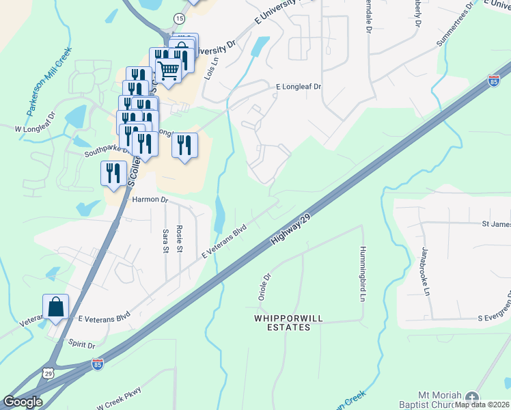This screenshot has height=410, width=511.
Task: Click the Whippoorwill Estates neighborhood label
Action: (282, 323)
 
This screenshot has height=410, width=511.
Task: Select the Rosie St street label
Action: (180, 237)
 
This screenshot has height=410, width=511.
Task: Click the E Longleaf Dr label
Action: (298, 87)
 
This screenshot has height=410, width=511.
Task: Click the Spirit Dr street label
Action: (81, 345)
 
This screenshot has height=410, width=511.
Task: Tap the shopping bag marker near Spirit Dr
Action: (55, 307)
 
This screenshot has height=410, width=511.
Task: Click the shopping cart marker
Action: (168, 69)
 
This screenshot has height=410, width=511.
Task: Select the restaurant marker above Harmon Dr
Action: (113, 174)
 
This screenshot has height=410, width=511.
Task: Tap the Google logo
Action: (23, 401)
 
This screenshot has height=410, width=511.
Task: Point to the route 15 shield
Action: (179, 18)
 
